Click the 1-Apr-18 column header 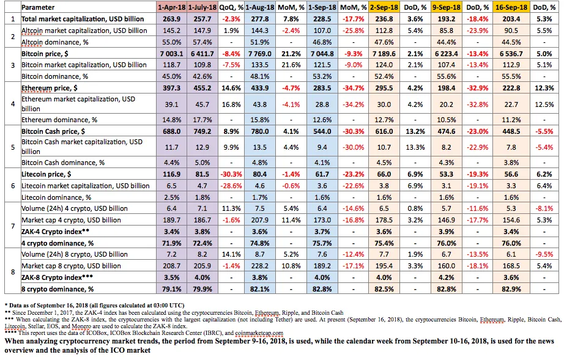(x=171, y=7)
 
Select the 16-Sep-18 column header (x=511, y=7)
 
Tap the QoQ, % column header (x=231, y=7)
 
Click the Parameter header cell (x=38, y=7)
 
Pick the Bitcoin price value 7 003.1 (x=171, y=54)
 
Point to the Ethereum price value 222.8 (x=511, y=88)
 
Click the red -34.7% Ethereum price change (x=353, y=88)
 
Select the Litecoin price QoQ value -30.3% (x=231, y=174)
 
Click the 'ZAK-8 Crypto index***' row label (x=57, y=277)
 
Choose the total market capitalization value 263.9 (x=171, y=19)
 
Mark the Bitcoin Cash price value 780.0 (x=260, y=131)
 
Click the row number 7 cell (x=13, y=226)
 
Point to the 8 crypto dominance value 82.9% (x=511, y=289)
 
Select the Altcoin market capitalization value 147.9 (x=202, y=31)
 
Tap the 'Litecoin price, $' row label (x=46, y=174)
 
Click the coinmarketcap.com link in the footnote (x=259, y=333)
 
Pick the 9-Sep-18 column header (x=446, y=7)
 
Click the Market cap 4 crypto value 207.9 (x=260, y=220)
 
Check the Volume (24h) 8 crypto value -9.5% (x=544, y=254)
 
